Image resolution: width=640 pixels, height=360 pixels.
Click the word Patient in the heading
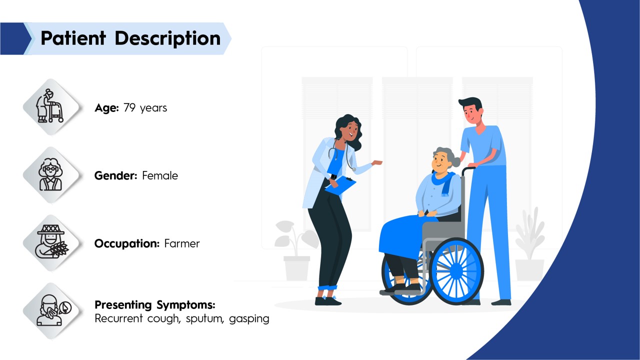pyautogui.click(x=73, y=38)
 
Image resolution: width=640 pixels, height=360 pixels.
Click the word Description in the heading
pyautogui.click(x=167, y=39)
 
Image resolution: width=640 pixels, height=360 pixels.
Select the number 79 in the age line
pyautogui.click(x=129, y=107)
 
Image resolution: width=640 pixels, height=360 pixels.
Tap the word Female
pyautogui.click(x=160, y=175)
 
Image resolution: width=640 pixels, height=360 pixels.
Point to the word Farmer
pyautogui.click(x=182, y=243)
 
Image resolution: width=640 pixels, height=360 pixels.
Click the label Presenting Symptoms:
pyautogui.click(x=155, y=305)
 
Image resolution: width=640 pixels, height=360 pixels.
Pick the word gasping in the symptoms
pyautogui.click(x=249, y=319)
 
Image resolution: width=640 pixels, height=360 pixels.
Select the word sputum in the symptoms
pyautogui.click(x=205, y=319)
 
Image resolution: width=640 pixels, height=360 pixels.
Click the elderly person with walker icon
pyautogui.click(x=50, y=106)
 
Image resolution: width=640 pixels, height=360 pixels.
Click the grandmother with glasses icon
pyautogui.click(x=50, y=174)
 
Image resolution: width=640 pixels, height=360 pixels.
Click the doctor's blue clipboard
pyautogui.click(x=340, y=185)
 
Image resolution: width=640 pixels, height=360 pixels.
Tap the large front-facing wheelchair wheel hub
pyautogui.click(x=456, y=271)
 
